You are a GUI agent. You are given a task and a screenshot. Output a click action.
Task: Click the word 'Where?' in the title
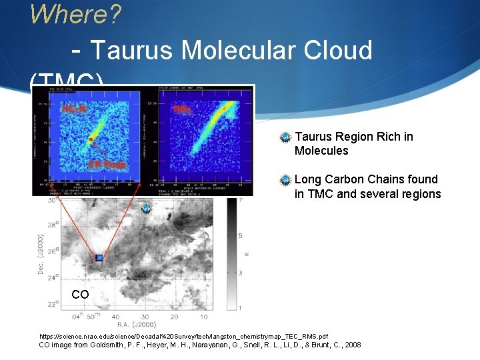coord(75,13)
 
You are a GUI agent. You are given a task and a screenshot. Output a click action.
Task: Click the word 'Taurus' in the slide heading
coord(133,50)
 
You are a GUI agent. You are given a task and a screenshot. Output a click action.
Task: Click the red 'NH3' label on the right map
coord(181,108)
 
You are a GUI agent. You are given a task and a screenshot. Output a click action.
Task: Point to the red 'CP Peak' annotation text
coord(107,164)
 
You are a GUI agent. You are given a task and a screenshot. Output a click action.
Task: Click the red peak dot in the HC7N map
coord(90,140)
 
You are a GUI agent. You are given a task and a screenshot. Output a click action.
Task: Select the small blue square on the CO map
coord(99,257)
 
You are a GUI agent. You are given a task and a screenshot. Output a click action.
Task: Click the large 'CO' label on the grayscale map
coord(80,295)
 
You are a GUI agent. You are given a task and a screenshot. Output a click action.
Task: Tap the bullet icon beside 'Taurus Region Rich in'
coord(285,137)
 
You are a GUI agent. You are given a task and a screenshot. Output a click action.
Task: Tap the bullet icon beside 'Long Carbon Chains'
coord(285,180)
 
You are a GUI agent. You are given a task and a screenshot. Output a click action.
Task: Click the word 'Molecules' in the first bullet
coord(321,151)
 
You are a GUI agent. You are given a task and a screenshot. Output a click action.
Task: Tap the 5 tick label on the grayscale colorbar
coord(241,236)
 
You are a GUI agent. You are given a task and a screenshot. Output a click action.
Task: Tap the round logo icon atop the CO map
coord(146,209)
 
